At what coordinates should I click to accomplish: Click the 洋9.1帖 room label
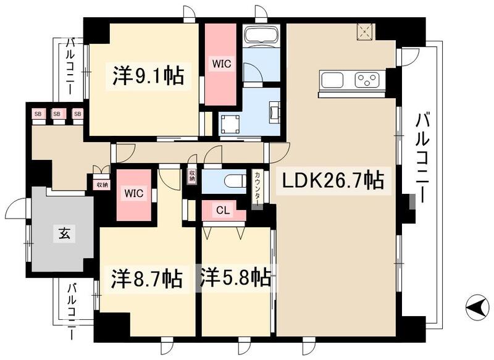point(147,76)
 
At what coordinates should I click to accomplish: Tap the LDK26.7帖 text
point(333,181)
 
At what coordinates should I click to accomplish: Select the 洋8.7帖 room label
point(147,279)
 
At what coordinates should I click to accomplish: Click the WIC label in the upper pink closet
point(220,63)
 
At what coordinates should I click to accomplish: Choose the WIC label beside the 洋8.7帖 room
point(135,193)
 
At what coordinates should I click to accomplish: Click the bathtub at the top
point(262,35)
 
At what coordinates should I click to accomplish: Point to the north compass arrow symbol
point(475,305)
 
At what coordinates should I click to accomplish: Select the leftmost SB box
point(38,114)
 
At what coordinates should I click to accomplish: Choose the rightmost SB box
point(77,114)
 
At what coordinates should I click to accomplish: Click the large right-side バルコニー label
point(422,157)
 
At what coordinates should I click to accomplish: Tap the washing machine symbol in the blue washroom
point(228,123)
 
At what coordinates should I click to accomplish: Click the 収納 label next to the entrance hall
point(101,183)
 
